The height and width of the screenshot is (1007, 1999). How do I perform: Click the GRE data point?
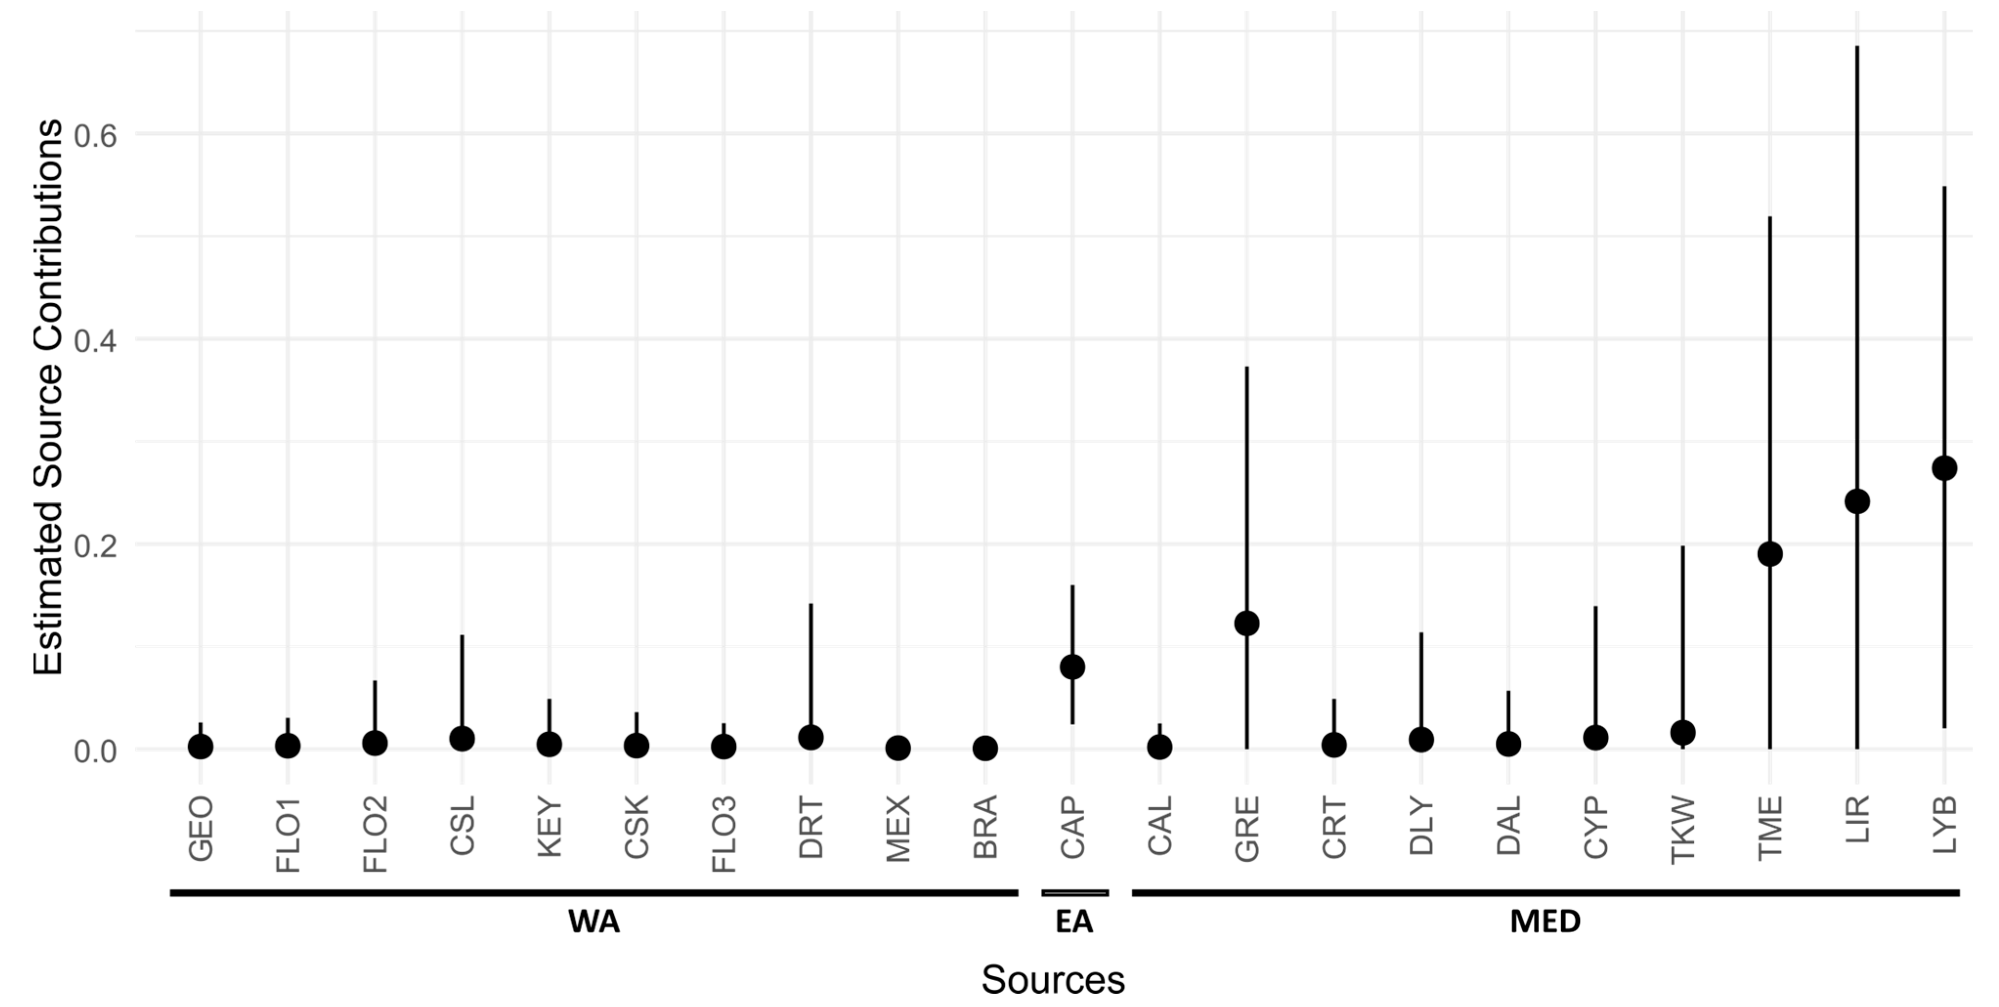tap(1247, 623)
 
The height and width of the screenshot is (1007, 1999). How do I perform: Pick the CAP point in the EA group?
tap(1072, 667)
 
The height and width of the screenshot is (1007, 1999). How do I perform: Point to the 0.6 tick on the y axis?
tap(95, 136)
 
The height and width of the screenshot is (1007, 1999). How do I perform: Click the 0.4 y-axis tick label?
tap(95, 340)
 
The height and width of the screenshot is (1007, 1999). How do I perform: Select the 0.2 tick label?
tap(95, 546)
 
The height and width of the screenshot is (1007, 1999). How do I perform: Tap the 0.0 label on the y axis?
tap(95, 751)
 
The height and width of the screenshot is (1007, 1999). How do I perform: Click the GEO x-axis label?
tap(201, 829)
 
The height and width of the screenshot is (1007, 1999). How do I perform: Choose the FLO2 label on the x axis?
tap(376, 835)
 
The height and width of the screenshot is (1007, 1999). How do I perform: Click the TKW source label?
tap(1682, 830)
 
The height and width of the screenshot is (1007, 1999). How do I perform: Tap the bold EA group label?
tap(1074, 922)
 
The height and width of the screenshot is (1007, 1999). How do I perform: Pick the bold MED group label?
tap(1545, 922)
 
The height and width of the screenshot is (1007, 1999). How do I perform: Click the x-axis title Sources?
tap(1052, 980)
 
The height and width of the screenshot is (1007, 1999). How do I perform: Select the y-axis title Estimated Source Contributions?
tap(48, 397)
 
